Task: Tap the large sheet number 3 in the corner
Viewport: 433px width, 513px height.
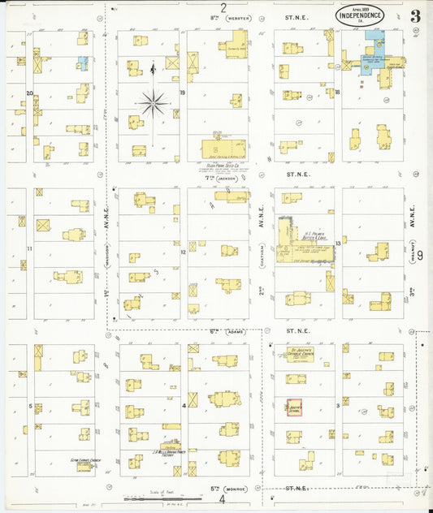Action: pyautogui.click(x=415, y=16)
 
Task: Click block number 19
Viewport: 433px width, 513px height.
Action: pyautogui.click(x=183, y=93)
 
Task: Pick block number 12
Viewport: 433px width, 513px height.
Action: pyautogui.click(x=183, y=252)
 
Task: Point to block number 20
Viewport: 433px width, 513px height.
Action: pyautogui.click(x=29, y=93)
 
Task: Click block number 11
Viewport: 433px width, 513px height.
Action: pyautogui.click(x=28, y=248)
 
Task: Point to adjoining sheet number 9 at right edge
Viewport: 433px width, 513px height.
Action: pyautogui.click(x=420, y=254)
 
